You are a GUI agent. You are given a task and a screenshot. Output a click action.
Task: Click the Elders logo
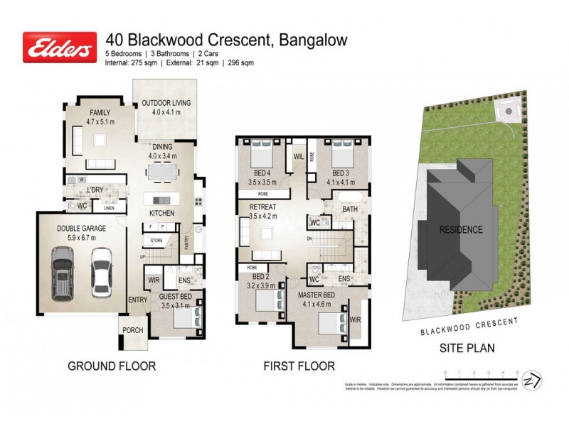[60, 47]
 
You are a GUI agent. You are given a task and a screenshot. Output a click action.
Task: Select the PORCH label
[133, 331]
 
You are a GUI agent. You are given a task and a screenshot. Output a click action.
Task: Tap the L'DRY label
[95, 190]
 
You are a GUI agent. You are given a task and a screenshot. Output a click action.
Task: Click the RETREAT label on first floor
[263, 208]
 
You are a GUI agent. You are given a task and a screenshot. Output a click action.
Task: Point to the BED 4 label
[262, 173]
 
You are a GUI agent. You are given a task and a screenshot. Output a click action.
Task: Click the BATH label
[349, 210]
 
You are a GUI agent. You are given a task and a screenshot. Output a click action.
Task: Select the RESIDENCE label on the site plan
[460, 229]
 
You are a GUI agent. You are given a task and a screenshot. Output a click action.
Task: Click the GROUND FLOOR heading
[111, 366]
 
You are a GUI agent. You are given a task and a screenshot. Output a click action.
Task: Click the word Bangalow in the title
[312, 40]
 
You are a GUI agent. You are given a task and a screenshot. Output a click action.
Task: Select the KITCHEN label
[162, 213]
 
